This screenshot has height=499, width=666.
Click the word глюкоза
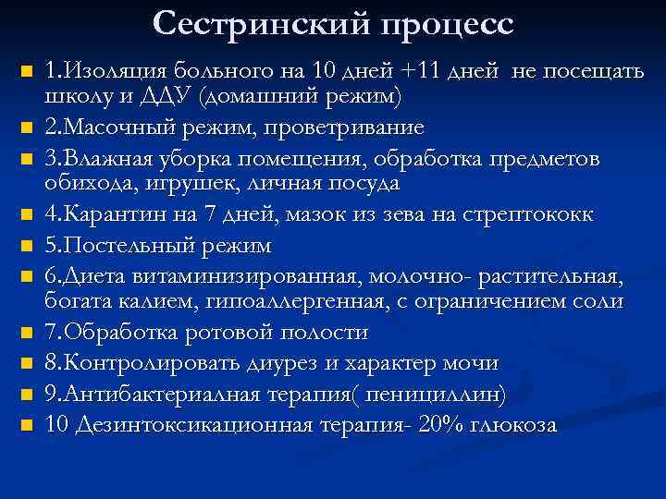point(514,426)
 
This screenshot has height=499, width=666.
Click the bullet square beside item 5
point(28,247)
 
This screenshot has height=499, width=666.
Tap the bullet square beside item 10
point(28,426)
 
